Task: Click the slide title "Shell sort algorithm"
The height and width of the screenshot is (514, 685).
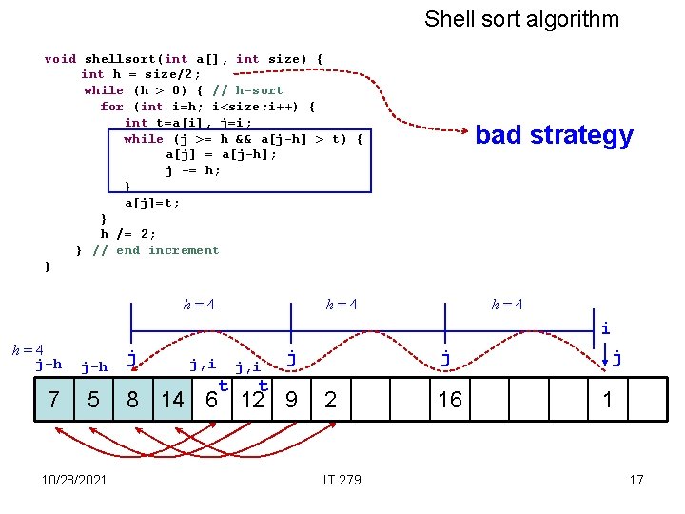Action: point(521,19)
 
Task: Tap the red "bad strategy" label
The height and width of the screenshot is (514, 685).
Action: point(554,135)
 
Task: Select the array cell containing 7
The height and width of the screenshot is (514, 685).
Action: point(53,400)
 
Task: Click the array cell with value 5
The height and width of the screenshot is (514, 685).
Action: point(92,400)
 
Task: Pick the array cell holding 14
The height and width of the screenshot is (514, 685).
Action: point(172,400)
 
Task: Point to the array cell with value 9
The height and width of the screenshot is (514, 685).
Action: point(291,400)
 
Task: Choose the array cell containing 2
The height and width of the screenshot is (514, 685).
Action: point(329,400)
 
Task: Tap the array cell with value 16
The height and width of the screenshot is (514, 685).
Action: point(450,400)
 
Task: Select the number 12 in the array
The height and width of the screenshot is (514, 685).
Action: point(252,400)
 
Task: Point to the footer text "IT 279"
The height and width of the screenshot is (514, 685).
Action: point(342,479)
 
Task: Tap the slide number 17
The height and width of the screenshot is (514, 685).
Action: point(636,479)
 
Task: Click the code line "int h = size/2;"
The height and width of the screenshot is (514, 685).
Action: point(141,74)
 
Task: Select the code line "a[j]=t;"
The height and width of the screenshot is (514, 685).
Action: point(152,203)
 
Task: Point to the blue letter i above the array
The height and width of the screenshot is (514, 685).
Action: point(606,327)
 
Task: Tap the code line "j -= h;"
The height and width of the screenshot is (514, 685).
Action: point(193,171)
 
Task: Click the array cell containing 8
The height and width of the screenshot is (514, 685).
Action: point(132,400)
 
